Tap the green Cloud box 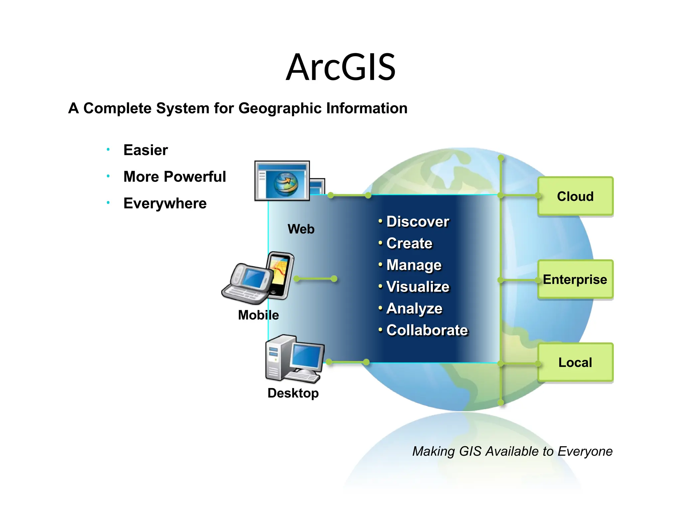tap(575, 196)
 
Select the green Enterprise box tap(575, 279)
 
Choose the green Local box tap(575, 362)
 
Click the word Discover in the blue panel tap(418, 221)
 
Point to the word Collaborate tap(427, 330)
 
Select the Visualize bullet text tap(418, 287)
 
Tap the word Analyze tap(414, 308)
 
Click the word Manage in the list tap(414, 265)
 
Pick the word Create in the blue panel tap(409, 243)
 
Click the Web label tap(301, 229)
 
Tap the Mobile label tap(258, 315)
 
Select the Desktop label tap(293, 393)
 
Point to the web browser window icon tap(283, 181)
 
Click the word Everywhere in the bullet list tap(165, 203)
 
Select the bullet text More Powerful tap(175, 177)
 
